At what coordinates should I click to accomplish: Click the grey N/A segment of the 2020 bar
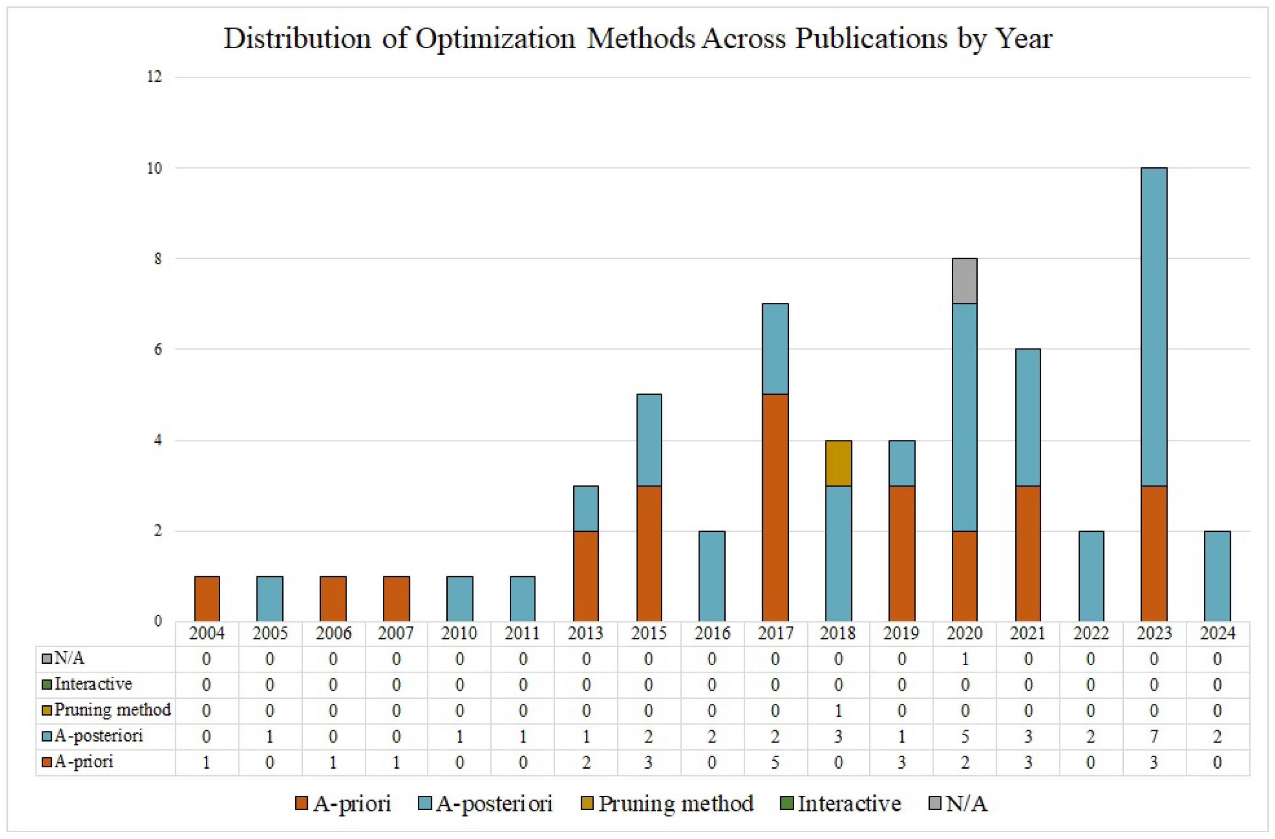964,281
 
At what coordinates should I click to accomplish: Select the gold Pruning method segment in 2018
838,463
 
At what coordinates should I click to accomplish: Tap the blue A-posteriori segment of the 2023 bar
1154,327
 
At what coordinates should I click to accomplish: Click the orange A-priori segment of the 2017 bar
775,508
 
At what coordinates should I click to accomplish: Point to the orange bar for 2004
207,599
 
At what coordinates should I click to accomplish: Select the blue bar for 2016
712,576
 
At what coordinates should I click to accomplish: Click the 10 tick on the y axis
154,168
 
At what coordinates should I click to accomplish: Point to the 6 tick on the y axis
158,349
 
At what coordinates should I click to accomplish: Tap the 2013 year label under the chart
586,633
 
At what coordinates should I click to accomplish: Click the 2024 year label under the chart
1217,633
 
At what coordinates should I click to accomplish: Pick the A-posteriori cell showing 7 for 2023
1154,736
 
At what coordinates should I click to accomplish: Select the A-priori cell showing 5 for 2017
775,762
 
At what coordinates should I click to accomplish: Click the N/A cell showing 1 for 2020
964,658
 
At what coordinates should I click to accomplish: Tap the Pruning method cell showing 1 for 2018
838,710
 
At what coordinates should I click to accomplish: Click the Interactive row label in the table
93,684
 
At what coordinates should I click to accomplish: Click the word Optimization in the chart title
495,39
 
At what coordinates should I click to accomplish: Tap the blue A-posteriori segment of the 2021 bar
1028,417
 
